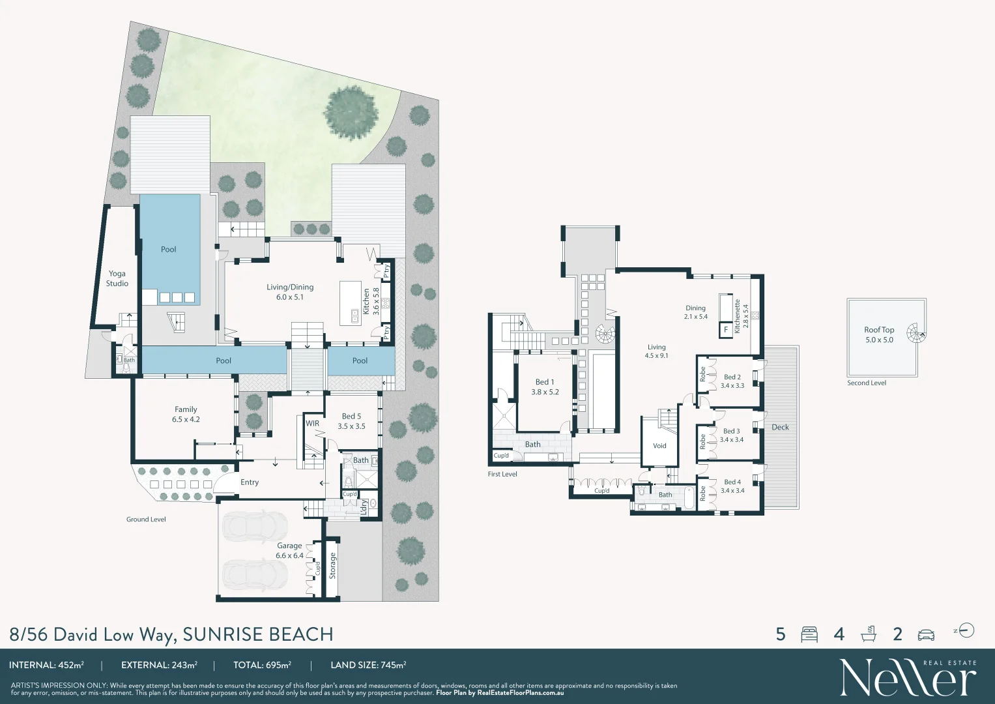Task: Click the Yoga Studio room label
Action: [x=117, y=278]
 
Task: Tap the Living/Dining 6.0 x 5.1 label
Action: [x=290, y=292]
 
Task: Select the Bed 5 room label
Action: [x=351, y=421]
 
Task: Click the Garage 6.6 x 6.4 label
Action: [x=289, y=551]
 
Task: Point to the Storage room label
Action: [x=332, y=566]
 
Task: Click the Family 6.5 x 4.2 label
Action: [x=186, y=415]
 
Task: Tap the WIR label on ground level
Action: [x=313, y=424]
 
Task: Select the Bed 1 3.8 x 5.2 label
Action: [x=545, y=387]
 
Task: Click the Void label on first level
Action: [x=659, y=446]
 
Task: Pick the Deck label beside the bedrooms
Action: [x=780, y=428]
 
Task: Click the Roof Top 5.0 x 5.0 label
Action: [x=879, y=335]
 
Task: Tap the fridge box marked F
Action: [x=726, y=330]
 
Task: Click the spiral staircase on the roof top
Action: [x=916, y=335]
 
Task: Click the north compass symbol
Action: [x=967, y=630]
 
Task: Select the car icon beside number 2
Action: [x=926, y=634]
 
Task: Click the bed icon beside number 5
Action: [x=809, y=634]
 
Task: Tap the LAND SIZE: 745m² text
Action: [x=368, y=666]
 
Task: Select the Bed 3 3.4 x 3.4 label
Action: [x=731, y=435]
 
